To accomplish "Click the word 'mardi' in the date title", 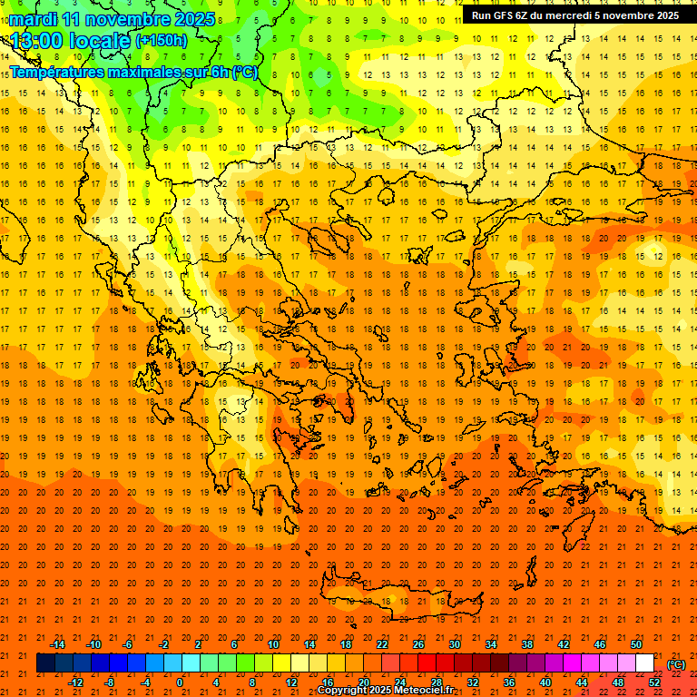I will [35, 19].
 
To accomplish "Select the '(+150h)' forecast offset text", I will [161, 41].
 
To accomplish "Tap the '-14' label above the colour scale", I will [58, 644].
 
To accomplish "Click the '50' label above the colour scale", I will [636, 644].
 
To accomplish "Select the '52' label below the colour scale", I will [654, 682].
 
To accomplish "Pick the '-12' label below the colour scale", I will [76, 682].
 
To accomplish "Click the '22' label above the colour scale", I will [382, 644].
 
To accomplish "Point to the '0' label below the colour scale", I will [180, 682].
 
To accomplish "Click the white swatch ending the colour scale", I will [644, 663].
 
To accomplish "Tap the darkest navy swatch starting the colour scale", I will [45, 663].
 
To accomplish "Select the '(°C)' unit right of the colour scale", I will [676, 663].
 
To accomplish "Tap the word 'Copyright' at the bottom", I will [342, 691].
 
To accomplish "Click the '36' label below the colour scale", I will [509, 682].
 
